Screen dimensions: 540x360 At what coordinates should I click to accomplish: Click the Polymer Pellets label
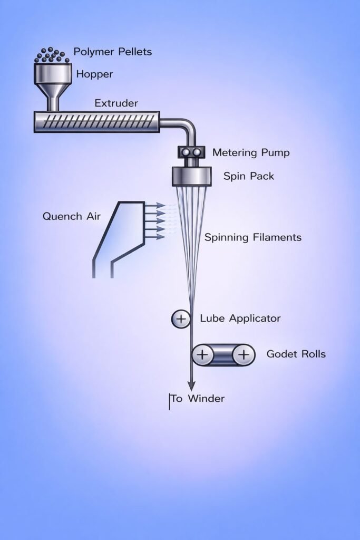point(112,52)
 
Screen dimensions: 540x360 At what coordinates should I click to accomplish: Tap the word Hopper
point(94,74)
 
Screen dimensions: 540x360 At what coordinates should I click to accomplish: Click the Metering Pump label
point(251,153)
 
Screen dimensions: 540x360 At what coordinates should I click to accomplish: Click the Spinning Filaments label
point(252,237)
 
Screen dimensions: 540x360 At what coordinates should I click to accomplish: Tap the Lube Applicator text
point(240,319)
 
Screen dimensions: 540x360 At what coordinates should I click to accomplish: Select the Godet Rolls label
point(296,354)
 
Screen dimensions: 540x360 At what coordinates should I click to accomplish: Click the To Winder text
point(198,399)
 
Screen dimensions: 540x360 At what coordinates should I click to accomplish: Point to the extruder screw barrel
point(96,122)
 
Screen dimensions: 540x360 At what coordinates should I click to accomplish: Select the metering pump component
point(191,152)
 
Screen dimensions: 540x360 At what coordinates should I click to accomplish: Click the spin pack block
point(191,176)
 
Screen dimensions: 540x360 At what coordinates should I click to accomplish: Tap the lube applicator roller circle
point(181,319)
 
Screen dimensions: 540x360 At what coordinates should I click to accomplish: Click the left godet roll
point(201,355)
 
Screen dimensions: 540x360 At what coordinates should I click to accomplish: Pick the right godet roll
point(243,355)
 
